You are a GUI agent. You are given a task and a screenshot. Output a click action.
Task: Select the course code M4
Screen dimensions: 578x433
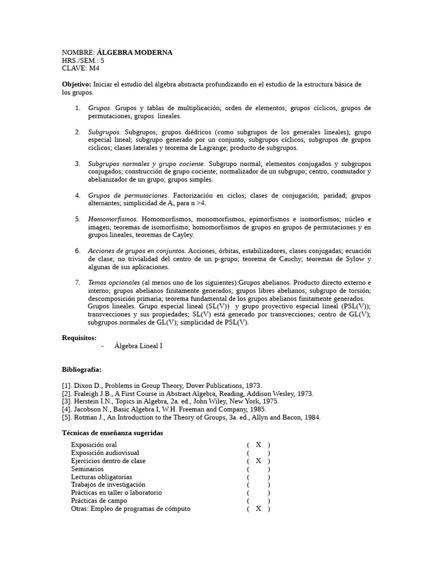[94, 68]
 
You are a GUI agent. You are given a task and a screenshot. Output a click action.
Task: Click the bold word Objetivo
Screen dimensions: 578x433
[76, 84]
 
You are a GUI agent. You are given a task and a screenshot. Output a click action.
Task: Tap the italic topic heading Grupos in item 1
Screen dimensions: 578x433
[99, 108]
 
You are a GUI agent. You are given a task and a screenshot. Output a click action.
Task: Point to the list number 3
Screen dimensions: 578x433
[77, 164]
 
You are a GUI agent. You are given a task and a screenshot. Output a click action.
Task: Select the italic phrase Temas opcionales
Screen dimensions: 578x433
[114, 282]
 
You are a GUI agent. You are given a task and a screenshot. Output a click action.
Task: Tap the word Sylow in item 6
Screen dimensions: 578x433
[352, 259]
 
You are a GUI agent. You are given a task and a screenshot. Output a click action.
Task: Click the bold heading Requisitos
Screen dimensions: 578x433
[79, 338]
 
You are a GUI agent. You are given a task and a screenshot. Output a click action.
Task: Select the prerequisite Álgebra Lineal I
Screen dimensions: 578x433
[138, 345]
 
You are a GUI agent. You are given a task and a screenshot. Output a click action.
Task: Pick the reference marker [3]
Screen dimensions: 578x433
[67, 401]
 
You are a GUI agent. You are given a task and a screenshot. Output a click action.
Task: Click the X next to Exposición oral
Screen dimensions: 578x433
[258, 445]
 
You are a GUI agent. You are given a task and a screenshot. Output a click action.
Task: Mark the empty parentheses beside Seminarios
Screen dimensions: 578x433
[258, 469]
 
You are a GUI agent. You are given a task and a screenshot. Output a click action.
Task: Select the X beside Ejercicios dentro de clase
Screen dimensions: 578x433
[258, 461]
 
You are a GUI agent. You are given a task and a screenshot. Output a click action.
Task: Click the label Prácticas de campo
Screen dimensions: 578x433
[99, 501]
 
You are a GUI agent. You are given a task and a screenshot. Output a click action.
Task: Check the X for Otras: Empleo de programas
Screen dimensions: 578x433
[258, 509]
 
